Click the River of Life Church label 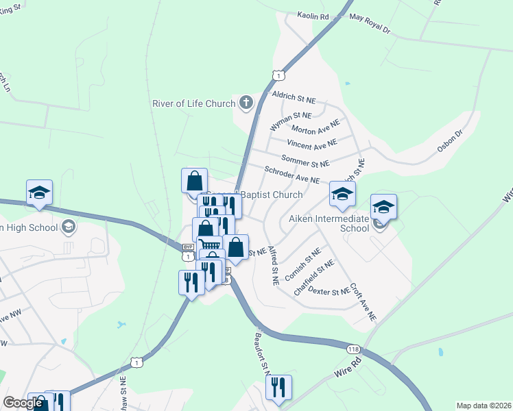coord(193,104)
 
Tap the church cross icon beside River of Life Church coord(246,103)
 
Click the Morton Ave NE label coord(315,128)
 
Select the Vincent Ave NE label coord(312,145)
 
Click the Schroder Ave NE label coord(291,176)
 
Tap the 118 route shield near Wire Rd coord(354,349)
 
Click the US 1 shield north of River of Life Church coord(276,74)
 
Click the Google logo coord(22,403)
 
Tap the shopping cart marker coord(209,245)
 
